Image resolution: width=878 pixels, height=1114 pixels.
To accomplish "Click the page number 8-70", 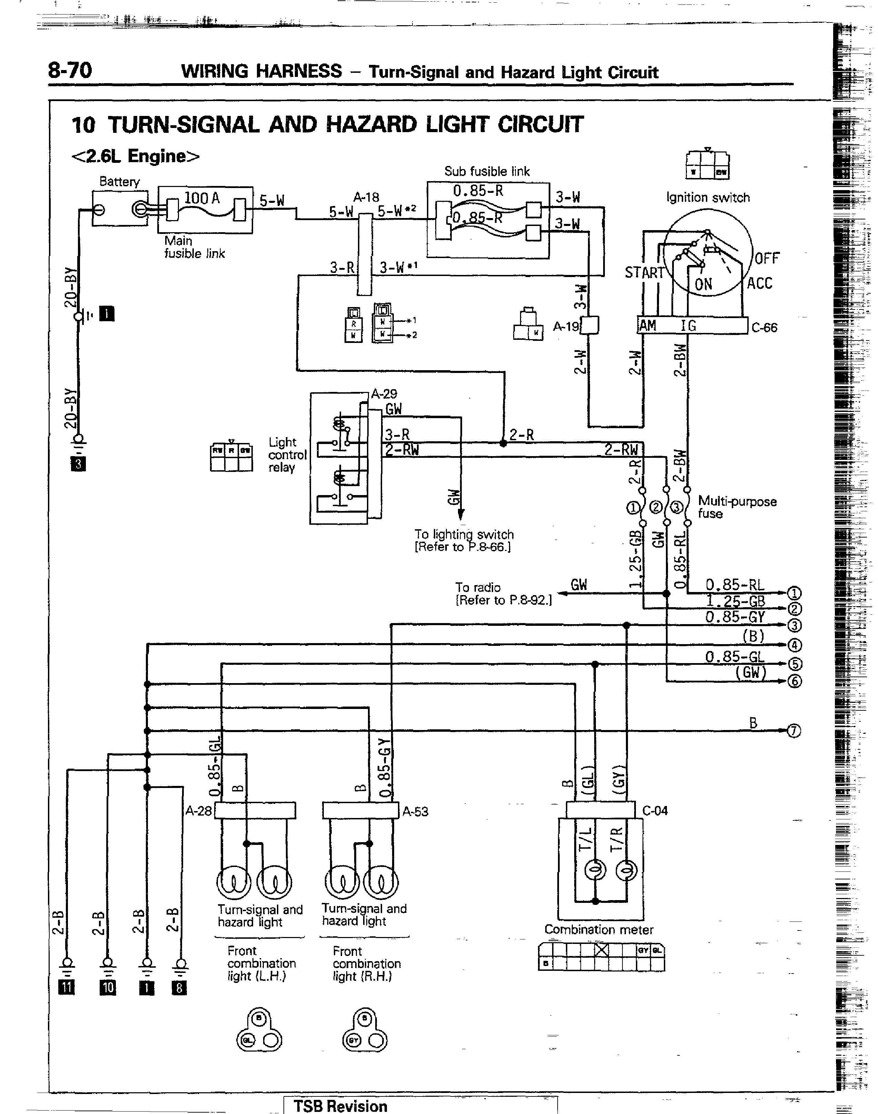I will pos(70,70).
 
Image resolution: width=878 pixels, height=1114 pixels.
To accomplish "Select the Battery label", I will pos(119,181).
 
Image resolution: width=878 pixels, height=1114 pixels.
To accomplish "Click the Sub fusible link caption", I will pos(487,171).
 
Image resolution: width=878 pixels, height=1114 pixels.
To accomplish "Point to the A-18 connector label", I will pos(366,197).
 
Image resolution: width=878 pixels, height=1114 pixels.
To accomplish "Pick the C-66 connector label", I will pos(765,328).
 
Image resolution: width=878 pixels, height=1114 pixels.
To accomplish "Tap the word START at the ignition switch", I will pos(645,273).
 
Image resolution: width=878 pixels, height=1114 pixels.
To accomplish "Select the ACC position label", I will pos(759,283).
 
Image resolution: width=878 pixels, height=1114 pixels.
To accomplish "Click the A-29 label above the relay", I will pos(384,394).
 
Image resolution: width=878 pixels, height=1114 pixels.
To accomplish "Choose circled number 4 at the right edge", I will pos(794,645).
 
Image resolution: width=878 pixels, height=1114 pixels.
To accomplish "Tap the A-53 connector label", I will pos(415,811).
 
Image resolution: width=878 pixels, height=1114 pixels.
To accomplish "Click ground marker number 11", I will pos(67,987).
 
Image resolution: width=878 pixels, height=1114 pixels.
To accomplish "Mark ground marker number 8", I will pos(179,987).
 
